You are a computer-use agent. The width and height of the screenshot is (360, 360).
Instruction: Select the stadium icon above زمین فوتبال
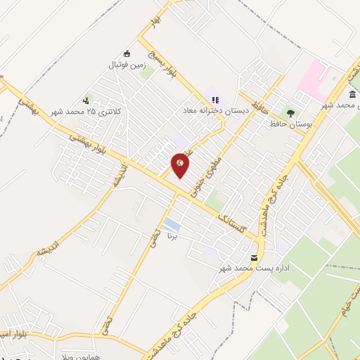click(x=127, y=53)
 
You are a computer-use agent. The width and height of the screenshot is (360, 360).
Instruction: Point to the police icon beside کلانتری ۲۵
click(x=86, y=100)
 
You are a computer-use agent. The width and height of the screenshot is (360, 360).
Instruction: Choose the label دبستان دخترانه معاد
click(x=212, y=111)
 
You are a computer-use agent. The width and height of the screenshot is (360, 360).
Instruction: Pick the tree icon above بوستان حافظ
click(x=290, y=112)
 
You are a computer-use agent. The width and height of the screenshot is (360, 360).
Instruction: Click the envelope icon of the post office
click(x=254, y=257)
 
